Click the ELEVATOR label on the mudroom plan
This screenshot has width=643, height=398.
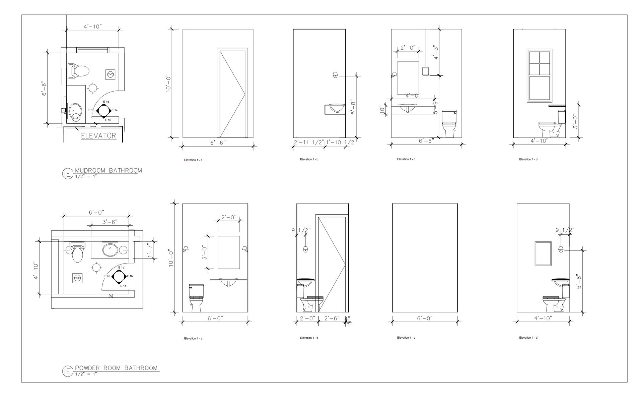pyautogui.click(x=99, y=136)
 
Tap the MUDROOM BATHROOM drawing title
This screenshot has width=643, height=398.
pyautogui.click(x=108, y=170)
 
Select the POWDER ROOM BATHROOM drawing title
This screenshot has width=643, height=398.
pyautogui.click(x=116, y=368)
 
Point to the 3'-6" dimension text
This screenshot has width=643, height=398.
pyautogui.click(x=110, y=222)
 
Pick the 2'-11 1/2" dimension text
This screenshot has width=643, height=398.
pyautogui.click(x=309, y=142)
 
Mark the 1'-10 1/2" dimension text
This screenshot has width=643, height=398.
pyautogui.click(x=340, y=142)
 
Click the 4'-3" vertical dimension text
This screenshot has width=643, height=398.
pyautogui.click(x=436, y=52)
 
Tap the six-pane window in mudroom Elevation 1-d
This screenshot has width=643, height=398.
pyautogui.click(x=539, y=75)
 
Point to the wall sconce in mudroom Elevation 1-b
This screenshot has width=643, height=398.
pyautogui.click(x=335, y=75)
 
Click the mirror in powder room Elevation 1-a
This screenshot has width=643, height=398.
pyautogui.click(x=229, y=252)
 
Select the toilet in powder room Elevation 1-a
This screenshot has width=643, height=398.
pyautogui.click(x=196, y=298)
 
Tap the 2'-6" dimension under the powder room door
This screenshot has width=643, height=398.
pyautogui.click(x=332, y=318)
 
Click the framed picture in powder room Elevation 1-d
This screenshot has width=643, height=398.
pyautogui.click(x=543, y=253)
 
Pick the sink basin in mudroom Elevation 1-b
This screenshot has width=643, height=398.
pyautogui.click(x=337, y=109)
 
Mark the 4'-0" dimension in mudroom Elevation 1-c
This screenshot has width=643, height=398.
pyautogui.click(x=413, y=96)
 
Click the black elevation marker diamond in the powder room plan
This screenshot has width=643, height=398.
pyautogui.click(x=119, y=276)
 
